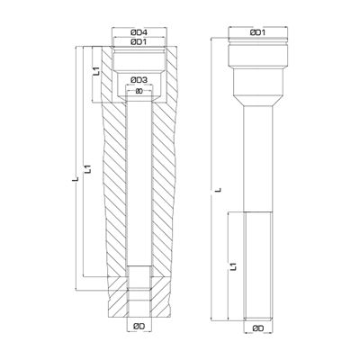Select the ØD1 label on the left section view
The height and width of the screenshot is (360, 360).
[x=139, y=42]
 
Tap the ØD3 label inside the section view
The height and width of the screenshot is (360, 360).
[x=139, y=81]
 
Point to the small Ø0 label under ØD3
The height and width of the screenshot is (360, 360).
[x=139, y=91]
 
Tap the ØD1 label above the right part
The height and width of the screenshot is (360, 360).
[x=256, y=33]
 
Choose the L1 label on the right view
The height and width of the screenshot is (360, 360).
[x=232, y=265]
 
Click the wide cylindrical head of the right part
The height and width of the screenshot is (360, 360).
[x=256, y=58]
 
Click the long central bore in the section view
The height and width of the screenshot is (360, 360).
[x=139, y=180]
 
